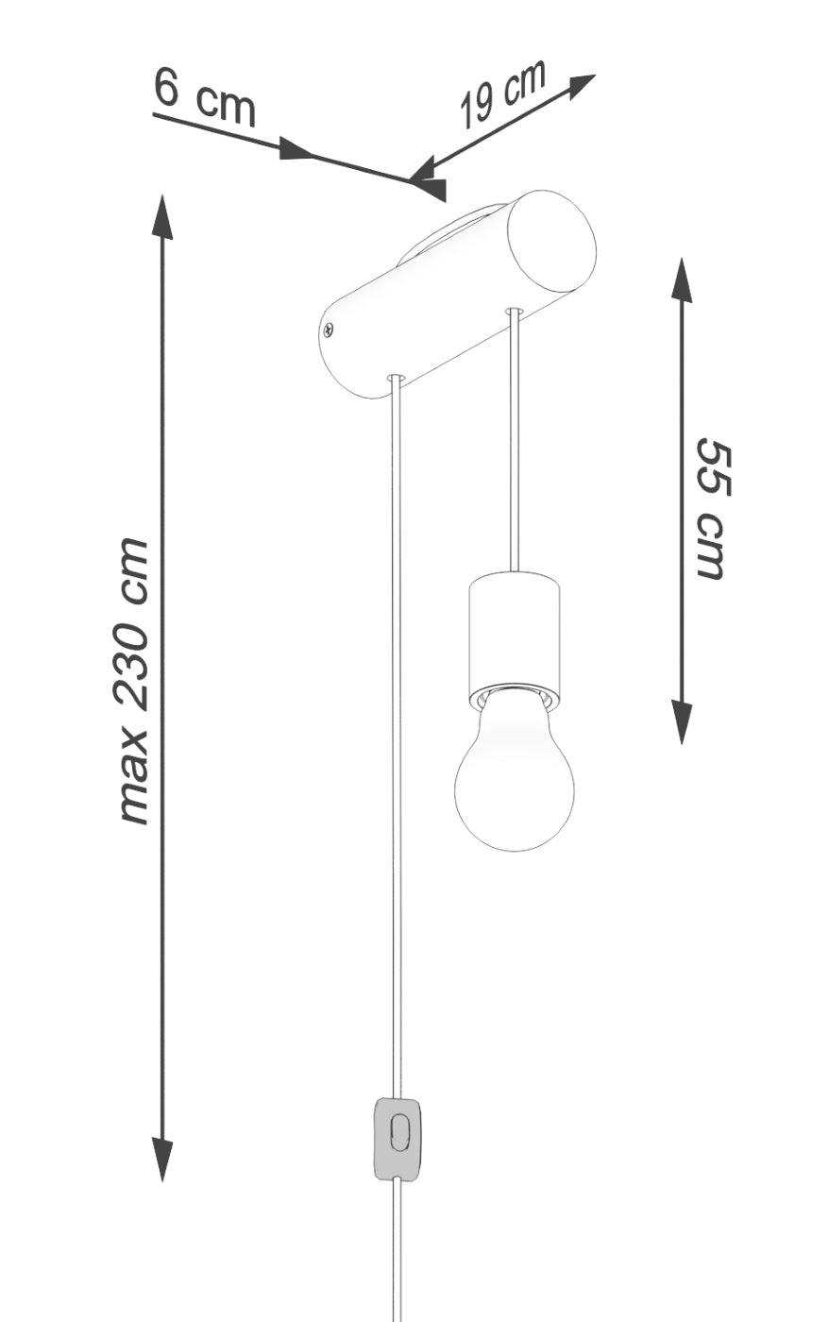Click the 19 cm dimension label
click(x=503, y=93)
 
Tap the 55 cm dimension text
click(x=714, y=509)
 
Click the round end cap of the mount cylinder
click(x=552, y=242)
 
